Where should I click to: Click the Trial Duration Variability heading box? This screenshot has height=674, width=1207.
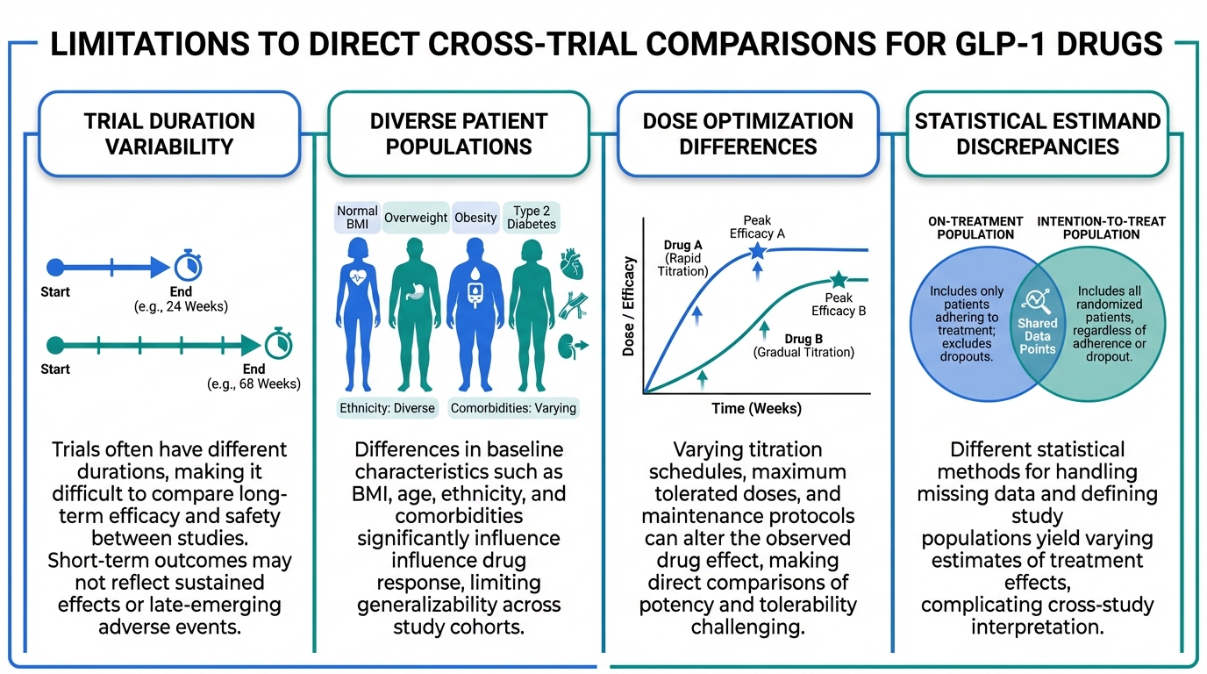[x=169, y=133]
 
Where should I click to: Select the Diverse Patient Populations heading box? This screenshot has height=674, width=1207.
[x=459, y=133]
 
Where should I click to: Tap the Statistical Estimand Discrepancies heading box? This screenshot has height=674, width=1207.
[x=1038, y=133]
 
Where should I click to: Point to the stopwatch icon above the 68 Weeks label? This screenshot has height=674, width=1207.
[x=279, y=343]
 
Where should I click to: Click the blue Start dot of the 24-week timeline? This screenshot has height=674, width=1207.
[x=55, y=267]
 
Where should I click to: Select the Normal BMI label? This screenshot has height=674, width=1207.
[x=357, y=217]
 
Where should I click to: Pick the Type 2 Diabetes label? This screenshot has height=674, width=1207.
[x=531, y=217]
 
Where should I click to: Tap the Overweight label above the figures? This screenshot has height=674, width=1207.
[x=415, y=217]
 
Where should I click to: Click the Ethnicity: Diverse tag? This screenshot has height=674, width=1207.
[x=389, y=407]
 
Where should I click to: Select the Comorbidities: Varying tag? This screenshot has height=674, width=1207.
[x=513, y=407]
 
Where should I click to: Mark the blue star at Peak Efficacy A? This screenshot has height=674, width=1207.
[x=757, y=252]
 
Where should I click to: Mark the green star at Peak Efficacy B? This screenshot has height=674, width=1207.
[x=839, y=280]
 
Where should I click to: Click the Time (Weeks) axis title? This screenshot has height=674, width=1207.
[x=755, y=408]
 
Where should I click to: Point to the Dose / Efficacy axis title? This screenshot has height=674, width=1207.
[x=628, y=307]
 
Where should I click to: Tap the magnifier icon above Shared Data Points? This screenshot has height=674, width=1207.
[x=1037, y=300]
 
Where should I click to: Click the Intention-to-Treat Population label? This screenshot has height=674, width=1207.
[x=1101, y=229]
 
